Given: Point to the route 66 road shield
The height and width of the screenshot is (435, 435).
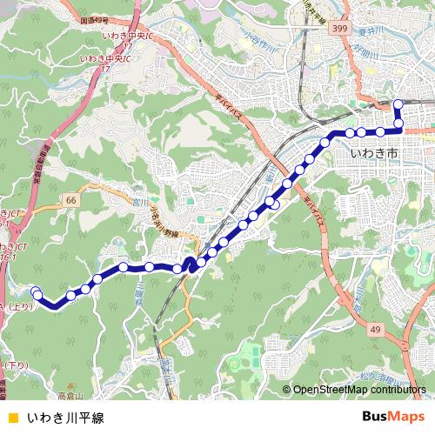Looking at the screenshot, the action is tap(71, 200).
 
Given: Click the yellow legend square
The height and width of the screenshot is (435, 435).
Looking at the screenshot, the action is tap(10, 417).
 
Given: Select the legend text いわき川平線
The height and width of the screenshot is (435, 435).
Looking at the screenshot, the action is tap(65, 417).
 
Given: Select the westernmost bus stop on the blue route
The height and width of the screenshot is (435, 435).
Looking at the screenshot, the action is tap(36, 291).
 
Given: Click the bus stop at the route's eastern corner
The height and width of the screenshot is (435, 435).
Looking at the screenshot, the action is tap(398, 125).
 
